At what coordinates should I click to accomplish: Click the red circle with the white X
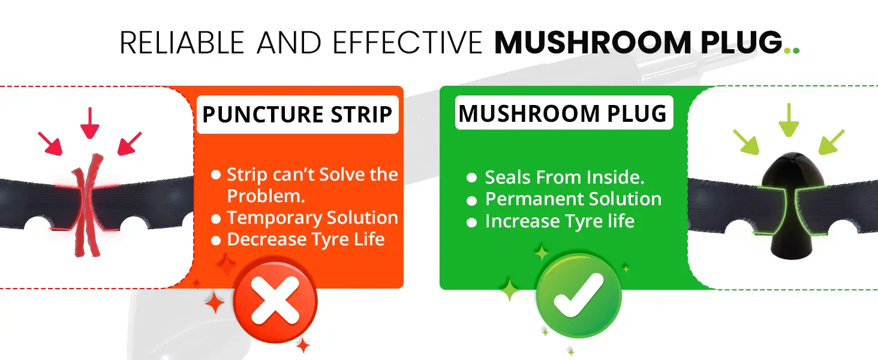(275, 301)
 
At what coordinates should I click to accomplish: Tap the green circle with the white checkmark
(579, 295)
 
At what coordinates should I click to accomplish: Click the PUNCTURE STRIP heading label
(297, 115)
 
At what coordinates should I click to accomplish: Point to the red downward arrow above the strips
(90, 123)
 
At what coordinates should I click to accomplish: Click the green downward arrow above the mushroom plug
(789, 120)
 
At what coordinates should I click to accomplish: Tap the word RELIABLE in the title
(182, 43)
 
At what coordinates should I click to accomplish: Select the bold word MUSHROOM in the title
(593, 43)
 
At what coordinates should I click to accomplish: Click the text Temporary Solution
(312, 218)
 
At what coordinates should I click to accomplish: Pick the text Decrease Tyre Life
(306, 239)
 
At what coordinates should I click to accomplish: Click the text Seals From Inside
(565, 177)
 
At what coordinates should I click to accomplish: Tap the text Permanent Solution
(573, 199)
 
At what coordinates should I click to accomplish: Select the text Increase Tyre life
(560, 221)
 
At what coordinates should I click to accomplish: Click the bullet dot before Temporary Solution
(216, 219)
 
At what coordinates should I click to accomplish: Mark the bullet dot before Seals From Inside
(472, 178)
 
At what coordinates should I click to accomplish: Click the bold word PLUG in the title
(742, 43)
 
